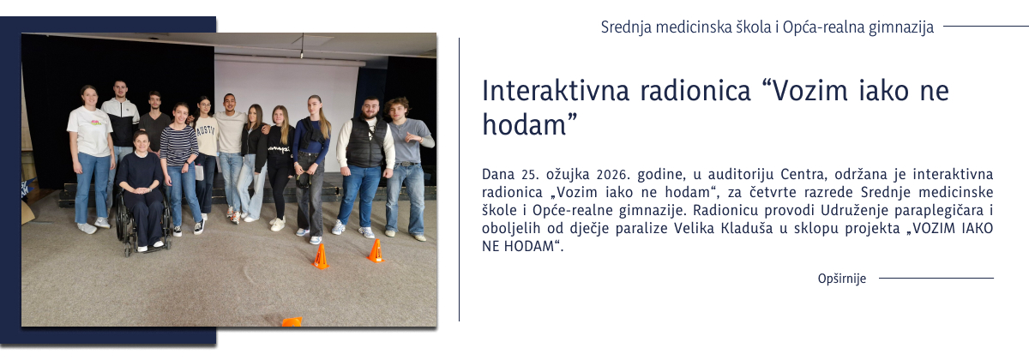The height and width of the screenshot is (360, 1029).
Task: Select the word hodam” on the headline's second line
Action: click(x=527, y=124)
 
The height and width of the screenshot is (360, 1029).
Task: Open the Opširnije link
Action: click(x=842, y=279)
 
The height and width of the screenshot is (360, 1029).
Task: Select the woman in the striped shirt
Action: click(x=180, y=163)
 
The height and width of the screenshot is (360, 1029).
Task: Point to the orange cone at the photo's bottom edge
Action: click(x=292, y=321)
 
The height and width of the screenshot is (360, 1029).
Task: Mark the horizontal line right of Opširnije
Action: click(x=936, y=279)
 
